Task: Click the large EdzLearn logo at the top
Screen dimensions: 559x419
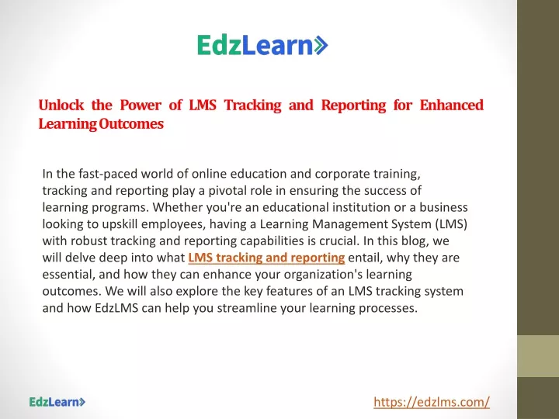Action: click(262, 45)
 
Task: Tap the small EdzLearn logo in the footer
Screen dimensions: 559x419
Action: click(57, 402)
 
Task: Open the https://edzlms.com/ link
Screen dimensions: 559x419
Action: click(432, 402)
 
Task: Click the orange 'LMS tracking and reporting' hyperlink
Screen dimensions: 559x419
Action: click(266, 258)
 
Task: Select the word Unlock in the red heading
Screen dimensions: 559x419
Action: click(61, 105)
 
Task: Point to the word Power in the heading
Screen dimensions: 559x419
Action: click(141, 105)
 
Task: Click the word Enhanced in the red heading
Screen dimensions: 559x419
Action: click(451, 105)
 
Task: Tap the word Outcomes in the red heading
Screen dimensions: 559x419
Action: click(131, 123)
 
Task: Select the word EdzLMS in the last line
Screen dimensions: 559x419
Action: click(116, 307)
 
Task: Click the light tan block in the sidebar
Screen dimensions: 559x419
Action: click(538, 356)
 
